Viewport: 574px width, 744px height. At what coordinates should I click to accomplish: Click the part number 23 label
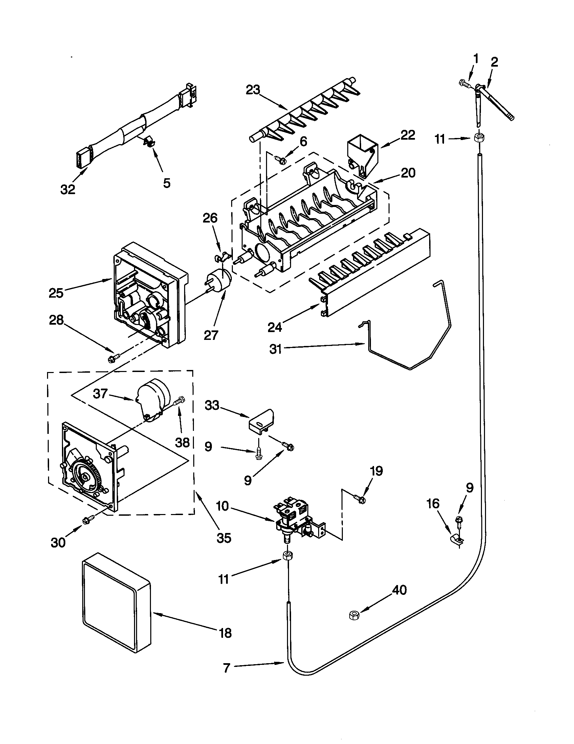click(252, 90)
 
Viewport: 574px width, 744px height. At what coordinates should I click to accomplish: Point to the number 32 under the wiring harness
click(68, 189)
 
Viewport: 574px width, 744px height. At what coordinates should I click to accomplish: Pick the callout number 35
click(224, 538)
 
